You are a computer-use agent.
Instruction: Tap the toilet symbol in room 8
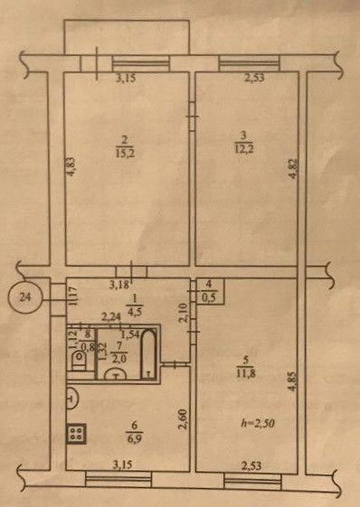tap(80, 359)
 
